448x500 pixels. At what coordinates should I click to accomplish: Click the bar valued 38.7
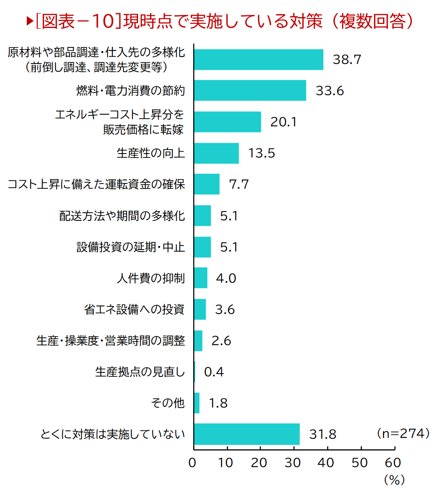[x=258, y=60]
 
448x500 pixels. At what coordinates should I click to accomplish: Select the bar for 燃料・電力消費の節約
[x=250, y=90]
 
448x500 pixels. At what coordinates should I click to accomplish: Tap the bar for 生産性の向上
[x=216, y=153]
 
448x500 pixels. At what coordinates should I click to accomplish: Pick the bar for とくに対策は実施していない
[x=247, y=434]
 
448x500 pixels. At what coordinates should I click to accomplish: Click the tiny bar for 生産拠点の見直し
[x=195, y=372]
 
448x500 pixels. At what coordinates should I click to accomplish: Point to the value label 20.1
[x=284, y=122]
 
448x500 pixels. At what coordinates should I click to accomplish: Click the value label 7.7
[x=239, y=184]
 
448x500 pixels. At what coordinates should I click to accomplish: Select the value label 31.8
[x=323, y=434]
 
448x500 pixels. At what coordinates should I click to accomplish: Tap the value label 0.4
[x=214, y=372]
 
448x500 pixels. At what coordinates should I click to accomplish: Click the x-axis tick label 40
[x=326, y=463]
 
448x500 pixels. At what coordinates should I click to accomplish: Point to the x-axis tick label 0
[x=192, y=463]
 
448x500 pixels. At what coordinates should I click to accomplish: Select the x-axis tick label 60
[x=393, y=463]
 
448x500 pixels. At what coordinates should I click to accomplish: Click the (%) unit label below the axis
[x=394, y=480]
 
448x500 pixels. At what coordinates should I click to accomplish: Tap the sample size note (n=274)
[x=403, y=433]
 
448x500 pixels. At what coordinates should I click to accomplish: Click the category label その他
[x=168, y=403]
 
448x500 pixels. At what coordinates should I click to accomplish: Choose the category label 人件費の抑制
[x=151, y=278]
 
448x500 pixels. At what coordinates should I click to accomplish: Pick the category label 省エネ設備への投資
[x=134, y=310]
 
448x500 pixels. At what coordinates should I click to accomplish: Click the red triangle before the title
[x=30, y=21]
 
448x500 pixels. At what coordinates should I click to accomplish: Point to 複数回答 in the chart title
[x=373, y=21]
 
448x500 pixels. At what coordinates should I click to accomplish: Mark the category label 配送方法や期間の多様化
[x=122, y=216]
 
